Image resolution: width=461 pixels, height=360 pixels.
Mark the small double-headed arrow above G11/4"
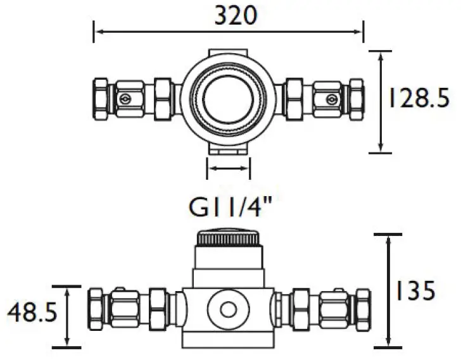tap(229, 168)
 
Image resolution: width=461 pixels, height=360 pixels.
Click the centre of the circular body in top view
tap(229, 99)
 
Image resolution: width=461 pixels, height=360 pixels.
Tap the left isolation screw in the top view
tap(127, 99)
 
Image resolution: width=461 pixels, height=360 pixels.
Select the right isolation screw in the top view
tap(330, 99)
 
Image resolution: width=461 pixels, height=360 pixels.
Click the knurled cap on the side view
tap(229, 239)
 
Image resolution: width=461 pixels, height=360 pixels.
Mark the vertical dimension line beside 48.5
tap(68, 316)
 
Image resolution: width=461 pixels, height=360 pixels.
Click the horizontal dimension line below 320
tap(229, 31)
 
